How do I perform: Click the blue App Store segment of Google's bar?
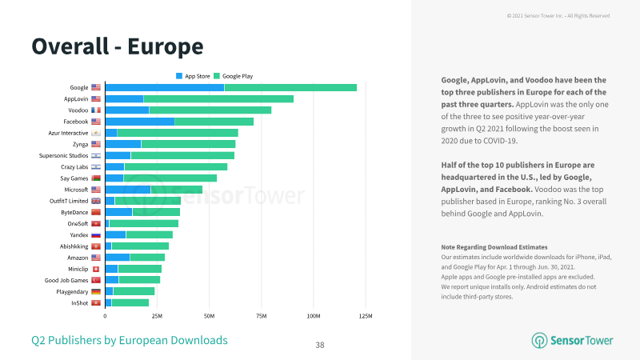165,87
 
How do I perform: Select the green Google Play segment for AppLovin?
218,98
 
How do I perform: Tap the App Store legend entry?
193,76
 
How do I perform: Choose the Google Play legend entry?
233,76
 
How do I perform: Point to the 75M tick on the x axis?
262,316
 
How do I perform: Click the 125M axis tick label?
366,316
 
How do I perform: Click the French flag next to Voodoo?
96,110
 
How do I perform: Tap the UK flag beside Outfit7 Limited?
96,201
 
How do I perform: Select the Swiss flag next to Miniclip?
96,269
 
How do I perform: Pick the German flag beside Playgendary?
96,291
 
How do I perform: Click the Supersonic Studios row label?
63,155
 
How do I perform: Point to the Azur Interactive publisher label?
68,133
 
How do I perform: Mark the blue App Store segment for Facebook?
140,122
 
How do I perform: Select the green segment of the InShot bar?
130,303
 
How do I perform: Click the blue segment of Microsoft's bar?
128,190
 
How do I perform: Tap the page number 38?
320,346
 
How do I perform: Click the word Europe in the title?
166,46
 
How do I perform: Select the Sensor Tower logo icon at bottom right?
539,341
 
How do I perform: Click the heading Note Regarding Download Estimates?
494,247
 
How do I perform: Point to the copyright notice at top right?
558,15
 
